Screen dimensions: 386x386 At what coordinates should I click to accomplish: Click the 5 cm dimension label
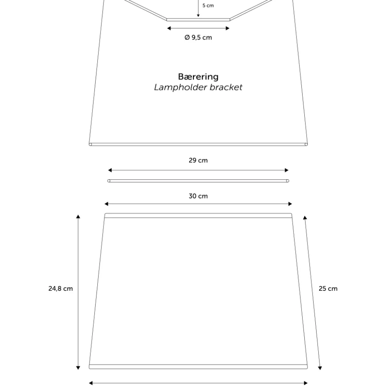208,5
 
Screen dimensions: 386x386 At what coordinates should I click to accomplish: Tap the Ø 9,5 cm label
198,37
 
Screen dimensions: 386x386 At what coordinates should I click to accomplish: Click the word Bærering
198,77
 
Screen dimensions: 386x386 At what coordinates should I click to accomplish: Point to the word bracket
226,87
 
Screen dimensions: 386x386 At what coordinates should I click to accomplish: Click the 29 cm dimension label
198,160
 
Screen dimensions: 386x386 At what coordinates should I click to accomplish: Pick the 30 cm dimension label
198,196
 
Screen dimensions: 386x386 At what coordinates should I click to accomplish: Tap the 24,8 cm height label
60,289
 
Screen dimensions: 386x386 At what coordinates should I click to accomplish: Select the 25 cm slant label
328,289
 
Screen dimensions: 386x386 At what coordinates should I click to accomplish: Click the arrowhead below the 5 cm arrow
198,16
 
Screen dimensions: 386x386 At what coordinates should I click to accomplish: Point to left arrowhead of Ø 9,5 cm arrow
169,28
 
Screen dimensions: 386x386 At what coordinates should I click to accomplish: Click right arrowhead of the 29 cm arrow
287,170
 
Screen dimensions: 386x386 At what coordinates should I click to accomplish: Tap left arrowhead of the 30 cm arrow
106,204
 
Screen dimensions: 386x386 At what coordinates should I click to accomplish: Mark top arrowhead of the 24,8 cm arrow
78,217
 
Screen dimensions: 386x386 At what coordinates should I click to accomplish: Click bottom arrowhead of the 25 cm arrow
320,368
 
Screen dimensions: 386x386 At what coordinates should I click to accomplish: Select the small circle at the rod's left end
109,181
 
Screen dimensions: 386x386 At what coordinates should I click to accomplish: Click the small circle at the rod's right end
287,181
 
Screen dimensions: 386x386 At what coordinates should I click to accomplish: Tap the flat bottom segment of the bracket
198,20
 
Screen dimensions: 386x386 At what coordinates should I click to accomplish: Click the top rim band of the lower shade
198,216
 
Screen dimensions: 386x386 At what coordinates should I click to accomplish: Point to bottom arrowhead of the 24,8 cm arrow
78,368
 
